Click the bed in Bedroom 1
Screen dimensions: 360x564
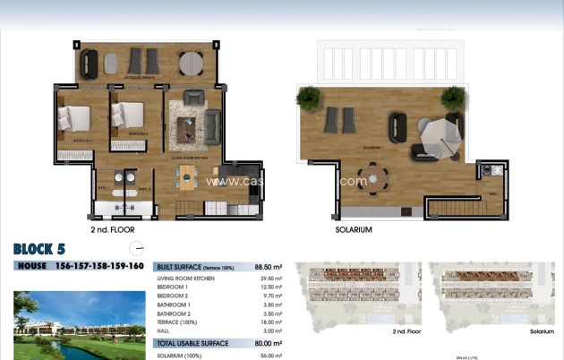[x=76, y=119]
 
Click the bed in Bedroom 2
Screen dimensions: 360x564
[x=127, y=116]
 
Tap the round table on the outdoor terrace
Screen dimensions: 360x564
[x=190, y=63]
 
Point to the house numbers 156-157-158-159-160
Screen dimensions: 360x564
[x=99, y=266]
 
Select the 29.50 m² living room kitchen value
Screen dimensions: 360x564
[x=269, y=279]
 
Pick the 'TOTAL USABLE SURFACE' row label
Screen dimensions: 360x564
[x=192, y=343]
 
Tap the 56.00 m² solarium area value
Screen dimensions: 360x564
[x=269, y=356]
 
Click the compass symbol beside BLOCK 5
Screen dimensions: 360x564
[x=136, y=249]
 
